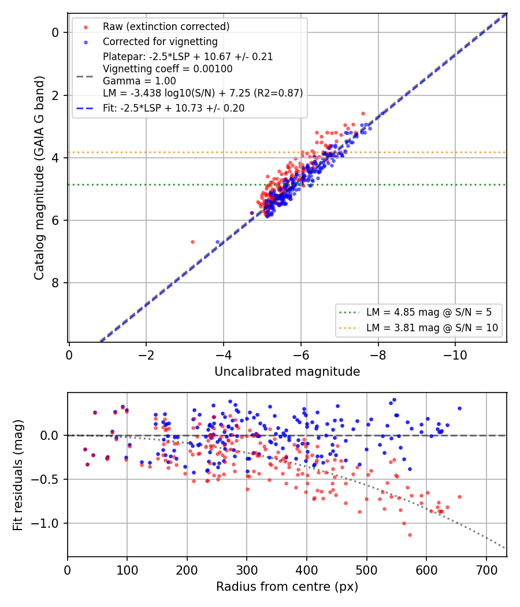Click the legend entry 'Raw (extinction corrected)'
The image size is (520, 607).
click(x=166, y=27)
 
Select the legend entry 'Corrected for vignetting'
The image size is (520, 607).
click(x=160, y=42)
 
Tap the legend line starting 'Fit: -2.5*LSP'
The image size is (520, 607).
click(x=174, y=108)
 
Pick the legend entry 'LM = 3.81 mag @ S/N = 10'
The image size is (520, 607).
click(x=432, y=328)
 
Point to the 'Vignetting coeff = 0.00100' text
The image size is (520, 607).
click(x=168, y=69)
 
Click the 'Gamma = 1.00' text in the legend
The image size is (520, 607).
click(x=139, y=81)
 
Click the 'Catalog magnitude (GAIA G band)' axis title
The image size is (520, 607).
click(x=39, y=177)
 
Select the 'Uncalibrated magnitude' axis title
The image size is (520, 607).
click(x=287, y=372)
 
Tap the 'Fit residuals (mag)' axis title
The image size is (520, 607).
click(x=17, y=475)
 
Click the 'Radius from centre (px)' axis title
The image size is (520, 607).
click(x=287, y=587)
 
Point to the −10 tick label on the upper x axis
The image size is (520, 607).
click(x=455, y=355)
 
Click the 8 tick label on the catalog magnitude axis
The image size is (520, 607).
click(x=55, y=283)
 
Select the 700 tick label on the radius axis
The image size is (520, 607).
click(x=486, y=570)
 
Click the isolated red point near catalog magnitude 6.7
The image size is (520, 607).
click(x=192, y=242)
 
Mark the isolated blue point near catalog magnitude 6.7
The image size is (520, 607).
click(x=217, y=242)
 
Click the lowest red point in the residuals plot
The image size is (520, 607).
click(x=410, y=535)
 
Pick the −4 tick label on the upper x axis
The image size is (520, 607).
click(x=223, y=355)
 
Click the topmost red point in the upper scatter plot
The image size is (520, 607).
click(x=363, y=113)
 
